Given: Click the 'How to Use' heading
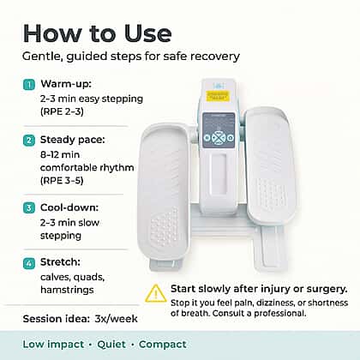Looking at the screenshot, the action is pyautogui.click(x=98, y=33).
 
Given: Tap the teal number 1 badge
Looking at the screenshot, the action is pyautogui.click(x=29, y=85).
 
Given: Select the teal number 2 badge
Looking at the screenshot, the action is pyautogui.click(x=29, y=141).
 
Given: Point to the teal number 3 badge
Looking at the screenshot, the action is pyautogui.click(x=29, y=207).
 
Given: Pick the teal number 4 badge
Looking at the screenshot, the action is pyautogui.click(x=29, y=263).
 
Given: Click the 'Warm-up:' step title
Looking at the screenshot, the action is pyautogui.click(x=66, y=84).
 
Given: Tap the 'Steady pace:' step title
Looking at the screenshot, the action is pyautogui.click(x=73, y=140).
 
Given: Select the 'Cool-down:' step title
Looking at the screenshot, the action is pyautogui.click(x=69, y=207).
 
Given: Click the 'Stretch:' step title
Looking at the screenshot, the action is pyautogui.click(x=60, y=261).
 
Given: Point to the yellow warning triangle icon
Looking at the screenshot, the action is pyautogui.click(x=156, y=294).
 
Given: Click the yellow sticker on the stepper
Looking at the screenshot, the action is pyautogui.click(x=217, y=96).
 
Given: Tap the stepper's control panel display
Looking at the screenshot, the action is pyautogui.click(x=219, y=130).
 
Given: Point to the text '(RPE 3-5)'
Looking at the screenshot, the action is pyautogui.click(x=62, y=181).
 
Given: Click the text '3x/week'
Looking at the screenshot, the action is pyautogui.click(x=116, y=319).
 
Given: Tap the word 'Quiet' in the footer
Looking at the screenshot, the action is pyautogui.click(x=111, y=345).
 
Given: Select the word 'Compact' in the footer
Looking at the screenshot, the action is pyautogui.click(x=163, y=345).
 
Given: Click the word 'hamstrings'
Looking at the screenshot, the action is pyautogui.click(x=67, y=290).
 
